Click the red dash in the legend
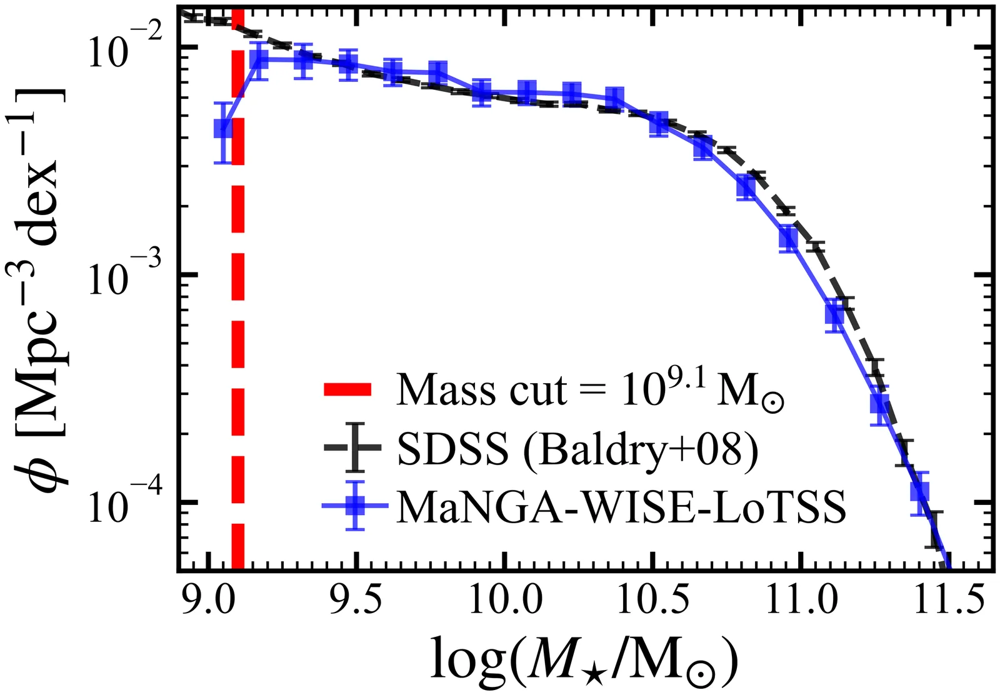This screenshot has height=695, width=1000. coord(348,391)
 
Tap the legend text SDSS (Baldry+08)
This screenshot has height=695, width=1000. coord(578,448)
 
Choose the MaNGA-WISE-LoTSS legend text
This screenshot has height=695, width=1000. coord(622,506)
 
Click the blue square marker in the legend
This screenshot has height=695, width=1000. coord(355,506)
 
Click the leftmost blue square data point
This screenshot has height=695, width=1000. coord(223,129)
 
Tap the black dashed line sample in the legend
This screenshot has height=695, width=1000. coord(355,448)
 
